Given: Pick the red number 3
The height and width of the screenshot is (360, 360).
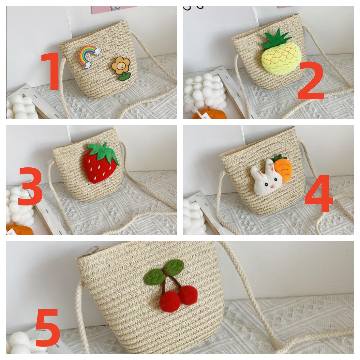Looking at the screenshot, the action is click(31, 186).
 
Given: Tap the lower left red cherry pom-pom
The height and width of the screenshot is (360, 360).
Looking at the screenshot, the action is click(170, 304).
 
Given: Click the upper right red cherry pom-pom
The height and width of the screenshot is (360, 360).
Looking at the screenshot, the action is click(188, 295).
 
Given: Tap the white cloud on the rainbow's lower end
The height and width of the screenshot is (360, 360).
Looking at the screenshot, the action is click(88, 64).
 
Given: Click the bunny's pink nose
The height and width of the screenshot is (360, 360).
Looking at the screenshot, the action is click(272, 186).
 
